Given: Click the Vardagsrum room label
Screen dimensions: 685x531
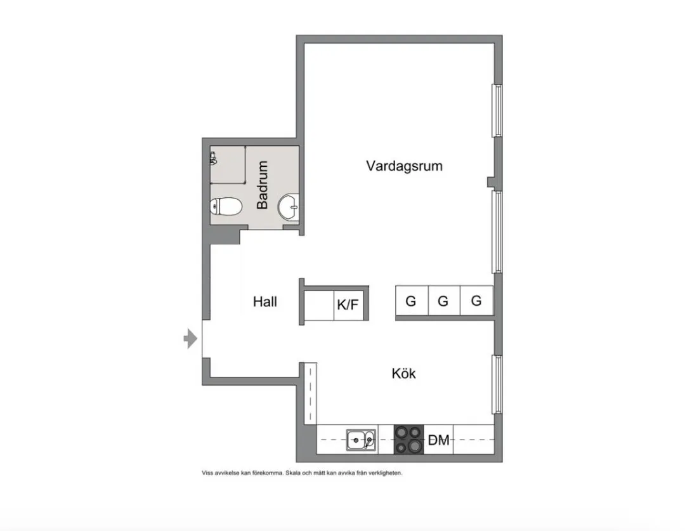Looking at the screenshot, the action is pos(404,166).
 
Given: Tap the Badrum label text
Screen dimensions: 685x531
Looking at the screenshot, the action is pos(262,185).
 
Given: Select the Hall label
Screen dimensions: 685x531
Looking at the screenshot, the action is pos(264,301).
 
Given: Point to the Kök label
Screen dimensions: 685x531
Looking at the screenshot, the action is pos(403,373).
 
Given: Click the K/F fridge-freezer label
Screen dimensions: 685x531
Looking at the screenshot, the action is pos(348,304).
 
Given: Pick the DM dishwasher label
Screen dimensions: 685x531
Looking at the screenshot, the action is pos(439,440).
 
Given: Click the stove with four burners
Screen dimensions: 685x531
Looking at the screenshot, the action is pos(409,439).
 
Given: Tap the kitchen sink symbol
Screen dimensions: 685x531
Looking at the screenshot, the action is pos(361,440).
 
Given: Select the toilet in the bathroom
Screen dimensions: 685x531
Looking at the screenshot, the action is pos(226,206).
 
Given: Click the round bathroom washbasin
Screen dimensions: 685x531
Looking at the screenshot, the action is pos(289,207).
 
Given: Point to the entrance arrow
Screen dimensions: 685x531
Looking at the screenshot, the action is pos(190,338).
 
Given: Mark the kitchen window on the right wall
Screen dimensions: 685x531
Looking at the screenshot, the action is pos(497,384).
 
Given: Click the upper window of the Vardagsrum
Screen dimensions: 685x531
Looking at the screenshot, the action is pos(497,110).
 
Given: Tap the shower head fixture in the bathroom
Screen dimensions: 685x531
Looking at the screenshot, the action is pos(213,158).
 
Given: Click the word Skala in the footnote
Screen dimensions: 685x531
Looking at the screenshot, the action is pos(292,473).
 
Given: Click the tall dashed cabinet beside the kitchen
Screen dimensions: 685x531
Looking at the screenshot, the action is pos(310,393).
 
